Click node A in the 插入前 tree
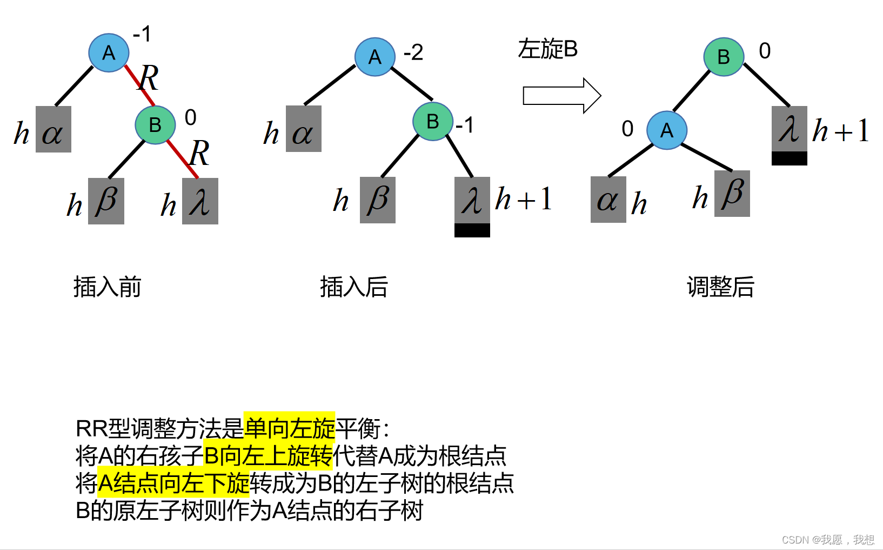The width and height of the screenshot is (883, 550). click(x=109, y=52)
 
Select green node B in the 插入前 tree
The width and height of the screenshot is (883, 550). click(x=155, y=124)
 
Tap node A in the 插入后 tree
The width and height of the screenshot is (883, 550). click(x=374, y=57)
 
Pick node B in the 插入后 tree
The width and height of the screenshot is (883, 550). click(x=432, y=121)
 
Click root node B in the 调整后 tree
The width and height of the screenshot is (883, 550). click(x=724, y=57)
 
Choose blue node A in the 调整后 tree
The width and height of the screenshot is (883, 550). click(x=667, y=130)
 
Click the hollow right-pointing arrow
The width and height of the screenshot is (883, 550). click(x=561, y=96)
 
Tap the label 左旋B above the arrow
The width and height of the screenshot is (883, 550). click(x=547, y=49)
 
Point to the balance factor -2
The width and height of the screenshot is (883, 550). click(x=413, y=52)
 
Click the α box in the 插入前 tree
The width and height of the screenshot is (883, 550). click(x=53, y=129)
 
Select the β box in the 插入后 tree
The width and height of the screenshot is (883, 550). click(x=377, y=200)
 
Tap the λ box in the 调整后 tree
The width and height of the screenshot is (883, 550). click(x=789, y=129)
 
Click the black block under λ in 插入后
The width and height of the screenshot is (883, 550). click(x=472, y=230)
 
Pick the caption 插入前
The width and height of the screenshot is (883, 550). click(x=107, y=287)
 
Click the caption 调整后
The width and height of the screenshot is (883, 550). click(x=720, y=287)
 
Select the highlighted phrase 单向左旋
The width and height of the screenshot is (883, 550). click(x=289, y=429)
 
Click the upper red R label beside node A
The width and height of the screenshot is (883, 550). click(x=148, y=78)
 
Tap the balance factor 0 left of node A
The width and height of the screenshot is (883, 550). click(x=627, y=129)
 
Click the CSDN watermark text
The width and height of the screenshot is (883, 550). click(x=827, y=540)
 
